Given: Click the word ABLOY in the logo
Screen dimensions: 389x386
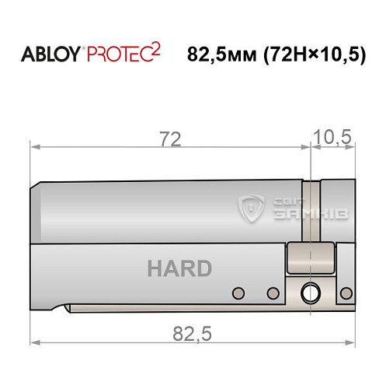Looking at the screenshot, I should pyautogui.click(x=52, y=55).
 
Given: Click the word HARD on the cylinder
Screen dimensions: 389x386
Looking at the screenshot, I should pyautogui.click(x=179, y=269).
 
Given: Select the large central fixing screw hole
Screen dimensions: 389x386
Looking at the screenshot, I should pyautogui.click(x=310, y=293).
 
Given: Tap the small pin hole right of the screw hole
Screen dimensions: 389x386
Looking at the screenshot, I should pyautogui.click(x=343, y=293).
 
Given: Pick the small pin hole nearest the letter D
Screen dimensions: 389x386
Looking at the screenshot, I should pyautogui.click(x=273, y=293).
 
